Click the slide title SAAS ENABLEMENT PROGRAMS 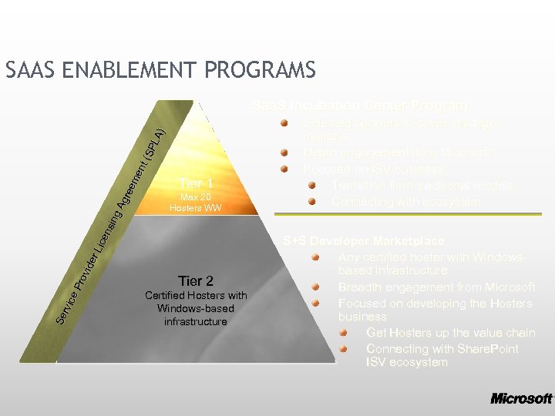click(160, 71)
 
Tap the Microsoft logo click(521, 398)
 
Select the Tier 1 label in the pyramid click(195, 183)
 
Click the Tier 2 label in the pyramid click(195, 280)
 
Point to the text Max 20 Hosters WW click(195, 203)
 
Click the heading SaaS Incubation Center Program click(359, 106)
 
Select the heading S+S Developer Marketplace click(363, 241)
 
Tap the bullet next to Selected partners click(284, 123)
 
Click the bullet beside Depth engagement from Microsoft click(284, 153)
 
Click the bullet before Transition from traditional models click(312, 186)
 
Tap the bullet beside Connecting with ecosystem click(312, 202)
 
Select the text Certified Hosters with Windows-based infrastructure click(195, 308)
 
